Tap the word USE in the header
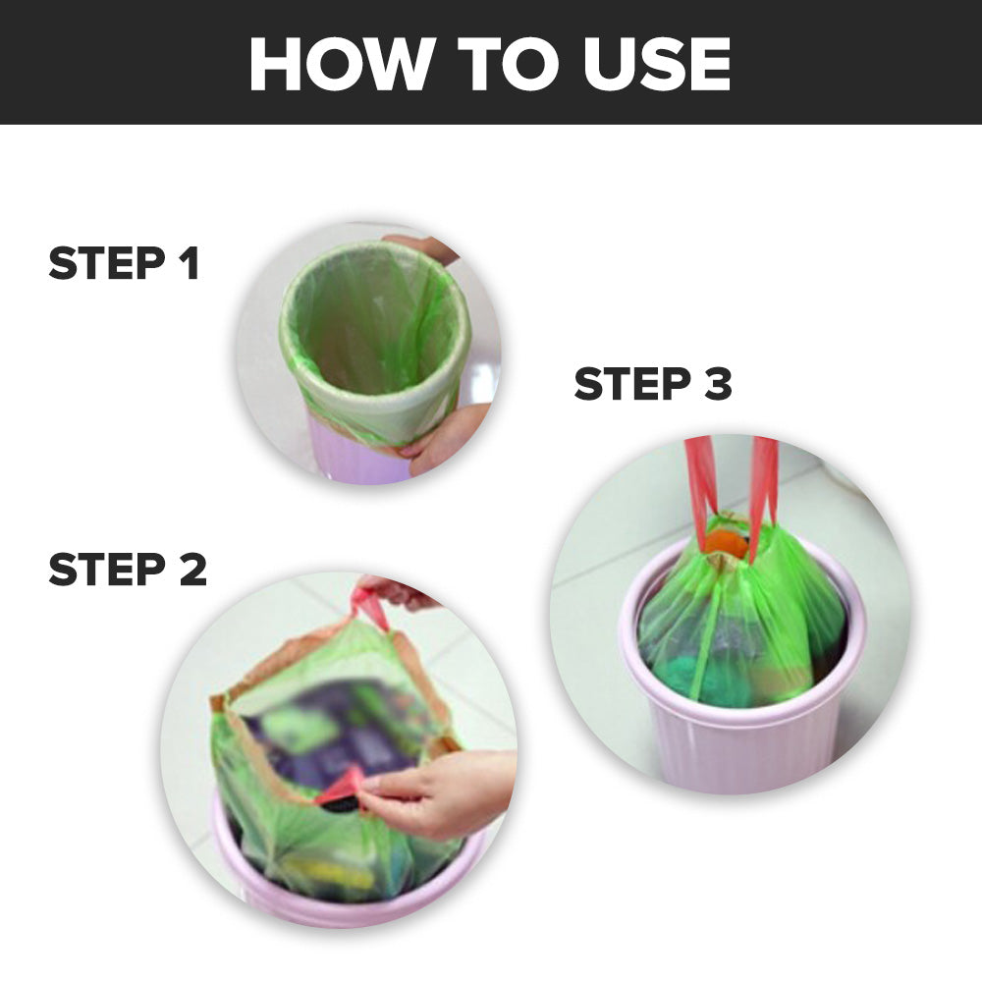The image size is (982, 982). [657, 63]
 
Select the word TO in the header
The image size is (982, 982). [508, 63]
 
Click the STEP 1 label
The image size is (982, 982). [124, 263]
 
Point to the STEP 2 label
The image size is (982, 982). [128, 570]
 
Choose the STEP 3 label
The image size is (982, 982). [653, 383]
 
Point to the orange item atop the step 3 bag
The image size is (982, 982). [727, 544]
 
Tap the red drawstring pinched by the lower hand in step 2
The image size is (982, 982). [342, 787]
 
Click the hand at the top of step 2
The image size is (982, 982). [401, 592]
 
